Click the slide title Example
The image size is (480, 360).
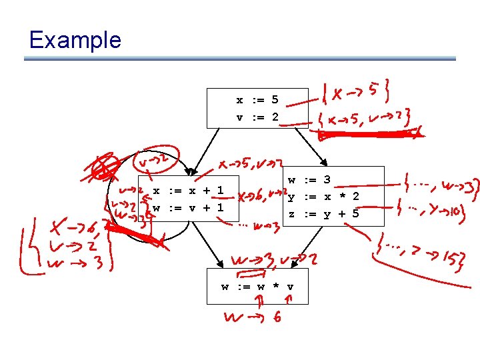[x=75, y=40]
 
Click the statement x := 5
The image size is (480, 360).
[x=257, y=101]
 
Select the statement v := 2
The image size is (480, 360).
[x=257, y=117]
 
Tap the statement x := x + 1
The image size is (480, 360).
[x=188, y=191]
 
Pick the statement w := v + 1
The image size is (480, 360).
[x=188, y=207]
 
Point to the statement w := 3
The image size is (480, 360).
[x=309, y=179]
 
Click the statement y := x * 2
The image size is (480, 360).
[x=323, y=196]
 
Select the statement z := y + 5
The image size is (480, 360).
[x=323, y=213]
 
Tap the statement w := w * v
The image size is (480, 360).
[x=257, y=287]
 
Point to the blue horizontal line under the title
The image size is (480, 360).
[x=240, y=59]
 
